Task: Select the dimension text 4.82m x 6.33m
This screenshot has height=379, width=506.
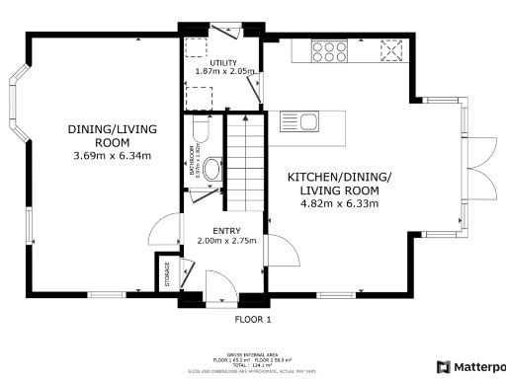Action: point(339,203)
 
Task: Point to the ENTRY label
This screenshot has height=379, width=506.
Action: point(226,231)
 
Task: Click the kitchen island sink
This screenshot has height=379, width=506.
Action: point(308,123)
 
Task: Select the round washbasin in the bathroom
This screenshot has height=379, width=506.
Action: point(211,168)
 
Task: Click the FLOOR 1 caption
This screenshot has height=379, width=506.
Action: point(253,320)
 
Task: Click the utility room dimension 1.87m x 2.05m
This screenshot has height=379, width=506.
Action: point(225,71)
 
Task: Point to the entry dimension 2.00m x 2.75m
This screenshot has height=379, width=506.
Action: point(226,241)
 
